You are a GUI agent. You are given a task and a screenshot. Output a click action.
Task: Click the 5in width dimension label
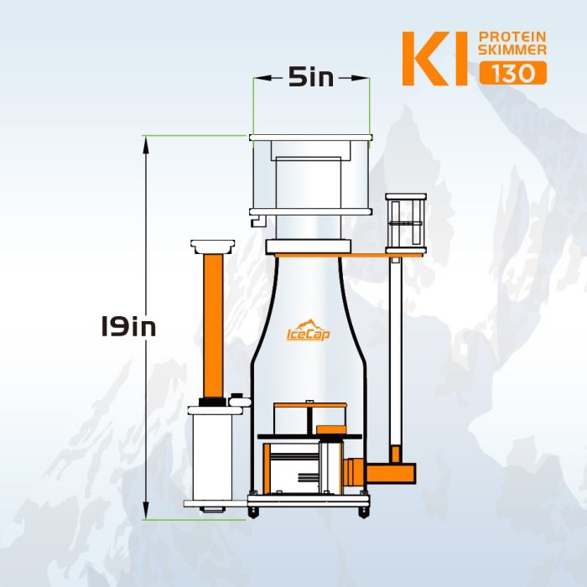pyautogui.click(x=311, y=78)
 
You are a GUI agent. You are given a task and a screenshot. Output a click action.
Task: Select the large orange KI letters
pyautogui.click(x=435, y=59)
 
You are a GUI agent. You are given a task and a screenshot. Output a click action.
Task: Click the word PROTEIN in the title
pyautogui.click(x=512, y=38)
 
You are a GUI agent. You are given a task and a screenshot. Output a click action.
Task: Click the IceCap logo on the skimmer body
pyautogui.click(x=308, y=331)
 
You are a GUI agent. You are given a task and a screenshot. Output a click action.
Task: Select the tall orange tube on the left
pyautogui.click(x=211, y=326)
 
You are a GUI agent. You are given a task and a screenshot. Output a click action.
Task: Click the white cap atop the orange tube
pyautogui.click(x=211, y=246)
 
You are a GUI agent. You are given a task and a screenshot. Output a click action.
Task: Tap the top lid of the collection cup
pyautogui.click(x=310, y=137)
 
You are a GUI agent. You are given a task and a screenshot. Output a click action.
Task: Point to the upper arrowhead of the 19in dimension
pyautogui.click(x=146, y=143)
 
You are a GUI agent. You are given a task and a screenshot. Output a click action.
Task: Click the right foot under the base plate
pyautogui.click(x=362, y=511)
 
